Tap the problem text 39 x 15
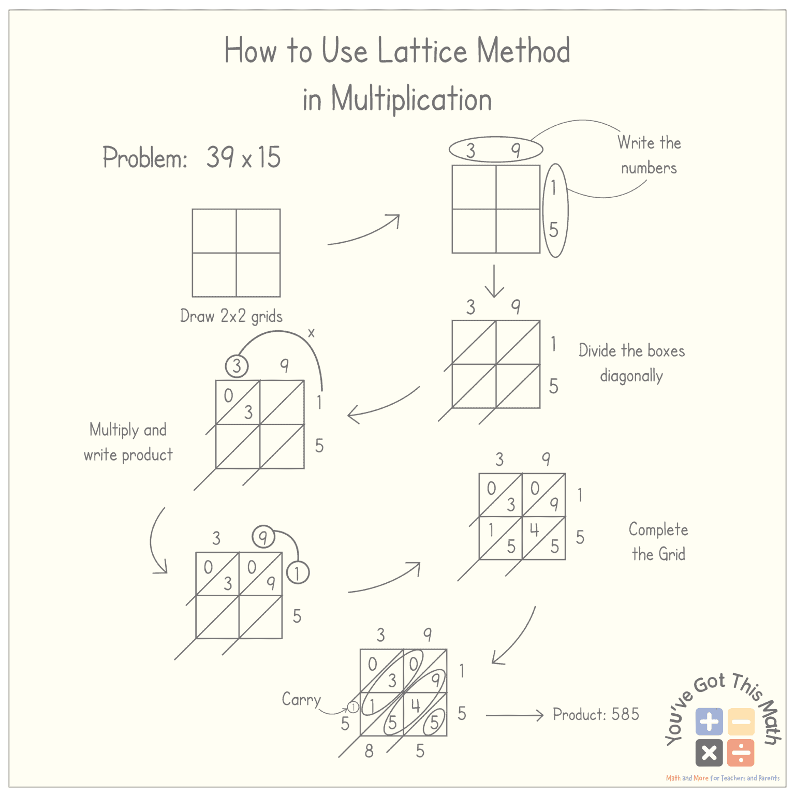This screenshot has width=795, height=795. (243, 157)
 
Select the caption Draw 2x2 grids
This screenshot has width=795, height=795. (231, 316)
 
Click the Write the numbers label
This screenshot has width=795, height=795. (649, 155)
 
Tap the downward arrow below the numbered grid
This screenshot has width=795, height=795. (494, 282)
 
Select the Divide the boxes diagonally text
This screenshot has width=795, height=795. (631, 363)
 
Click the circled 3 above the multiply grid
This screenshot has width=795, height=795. (237, 366)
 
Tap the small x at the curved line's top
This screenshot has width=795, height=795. (311, 333)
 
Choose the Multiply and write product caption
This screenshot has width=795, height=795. (128, 442)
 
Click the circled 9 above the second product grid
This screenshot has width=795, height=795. (263, 537)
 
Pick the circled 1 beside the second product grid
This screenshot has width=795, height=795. (298, 573)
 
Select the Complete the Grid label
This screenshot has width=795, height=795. (658, 541)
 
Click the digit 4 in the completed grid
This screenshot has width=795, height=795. (534, 529)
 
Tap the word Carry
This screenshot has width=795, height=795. (301, 700)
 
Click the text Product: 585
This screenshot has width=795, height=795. (596, 714)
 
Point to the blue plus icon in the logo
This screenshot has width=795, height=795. (709, 722)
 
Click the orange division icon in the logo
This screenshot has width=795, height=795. (741, 753)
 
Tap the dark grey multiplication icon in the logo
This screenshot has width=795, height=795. (709, 753)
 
